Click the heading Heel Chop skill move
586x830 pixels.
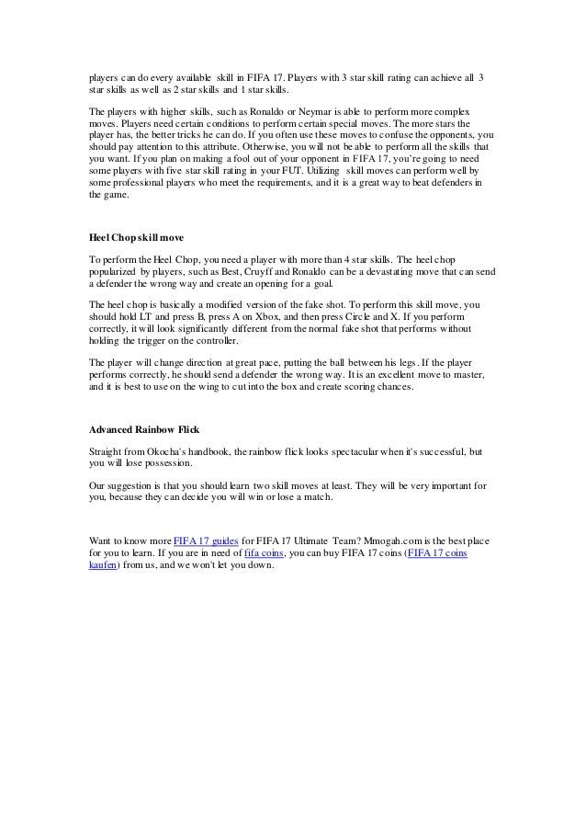pos(135,237)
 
